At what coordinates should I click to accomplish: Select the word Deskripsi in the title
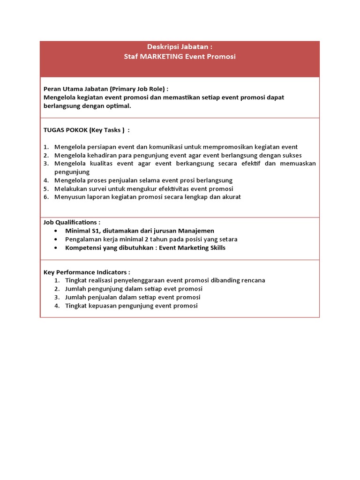[163, 47]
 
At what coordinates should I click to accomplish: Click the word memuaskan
[298, 164]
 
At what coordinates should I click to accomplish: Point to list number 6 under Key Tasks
[46, 197]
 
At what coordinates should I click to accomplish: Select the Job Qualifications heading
[71, 222]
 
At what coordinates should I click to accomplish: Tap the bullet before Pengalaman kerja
[56, 239]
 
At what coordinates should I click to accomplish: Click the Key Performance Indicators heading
[86, 272]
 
